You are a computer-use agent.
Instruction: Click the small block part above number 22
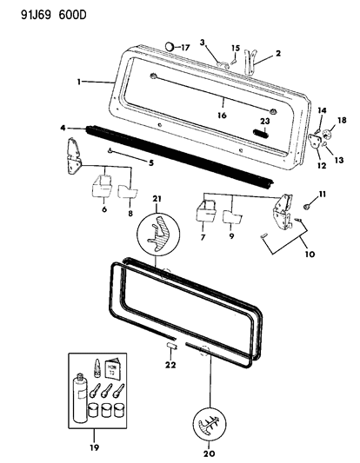pos(172,345)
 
